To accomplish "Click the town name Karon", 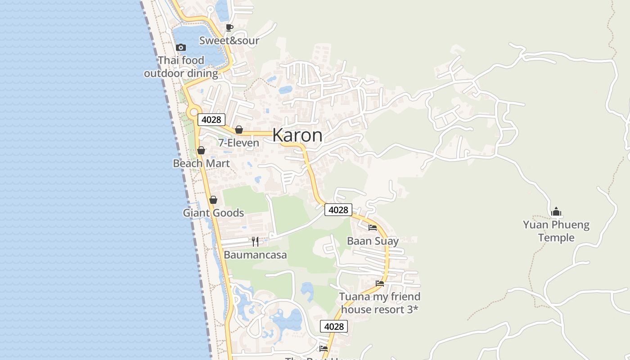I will click(x=297, y=135).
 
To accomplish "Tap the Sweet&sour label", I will click(x=229, y=40).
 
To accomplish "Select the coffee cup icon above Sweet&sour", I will click(x=229, y=27).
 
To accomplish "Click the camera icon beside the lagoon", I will click(x=181, y=47).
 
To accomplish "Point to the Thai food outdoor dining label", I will click(x=181, y=67).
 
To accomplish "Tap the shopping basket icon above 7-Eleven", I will click(x=239, y=130).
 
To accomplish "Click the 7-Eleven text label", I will click(x=238, y=143).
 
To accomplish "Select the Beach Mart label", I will click(x=201, y=163).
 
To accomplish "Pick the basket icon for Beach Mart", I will click(x=201, y=150).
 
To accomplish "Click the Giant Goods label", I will click(x=213, y=213).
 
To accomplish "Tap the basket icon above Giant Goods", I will click(x=213, y=199).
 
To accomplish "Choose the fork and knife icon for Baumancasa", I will click(x=255, y=242).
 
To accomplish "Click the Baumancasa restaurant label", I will click(x=255, y=255).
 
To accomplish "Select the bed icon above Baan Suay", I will click(x=373, y=228).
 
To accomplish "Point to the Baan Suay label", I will click(x=373, y=241).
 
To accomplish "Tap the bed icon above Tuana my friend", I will click(x=380, y=283).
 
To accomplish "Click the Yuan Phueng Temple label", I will click(x=556, y=231).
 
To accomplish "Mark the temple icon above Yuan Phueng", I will click(x=556, y=211).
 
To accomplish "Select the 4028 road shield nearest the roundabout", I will click(x=211, y=120).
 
